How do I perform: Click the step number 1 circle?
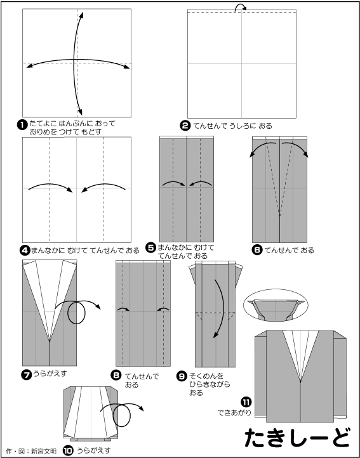[22, 125]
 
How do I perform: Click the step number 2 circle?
[185, 126]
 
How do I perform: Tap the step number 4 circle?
[25, 251]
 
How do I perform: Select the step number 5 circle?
[151, 248]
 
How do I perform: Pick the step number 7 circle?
[26, 374]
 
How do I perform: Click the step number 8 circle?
[116, 375]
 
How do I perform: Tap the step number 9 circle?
[182, 376]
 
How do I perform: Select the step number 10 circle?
[68, 451]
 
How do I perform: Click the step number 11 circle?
[246, 402]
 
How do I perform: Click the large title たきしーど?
[297, 437]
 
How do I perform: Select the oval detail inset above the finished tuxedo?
[276, 306]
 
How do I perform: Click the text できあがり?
[234, 413]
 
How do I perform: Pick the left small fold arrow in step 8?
[123, 308]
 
